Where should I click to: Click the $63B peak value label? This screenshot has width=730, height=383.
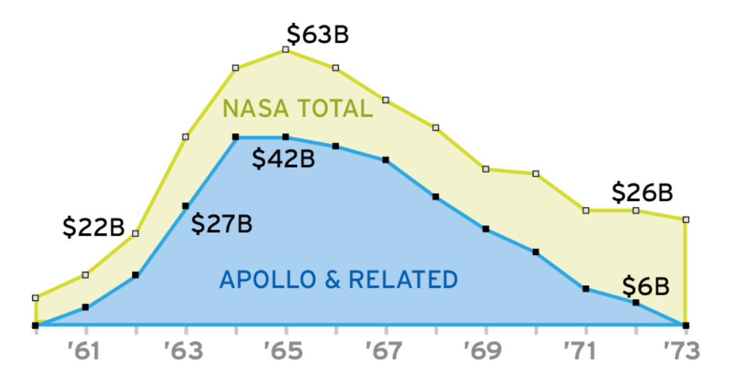(x=318, y=35)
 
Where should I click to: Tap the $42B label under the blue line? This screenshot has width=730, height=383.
(x=283, y=159)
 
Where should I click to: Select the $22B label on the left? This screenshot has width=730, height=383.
(x=94, y=227)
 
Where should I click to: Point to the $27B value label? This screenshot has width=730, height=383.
(x=221, y=224)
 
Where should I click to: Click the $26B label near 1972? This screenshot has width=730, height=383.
(x=642, y=193)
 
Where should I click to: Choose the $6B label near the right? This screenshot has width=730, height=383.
(x=646, y=285)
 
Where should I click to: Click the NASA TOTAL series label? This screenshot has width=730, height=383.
(x=297, y=109)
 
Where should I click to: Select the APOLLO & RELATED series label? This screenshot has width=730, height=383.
(x=338, y=280)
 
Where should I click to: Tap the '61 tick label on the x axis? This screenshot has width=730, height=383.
(x=86, y=351)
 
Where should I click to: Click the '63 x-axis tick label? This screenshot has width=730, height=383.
(x=186, y=351)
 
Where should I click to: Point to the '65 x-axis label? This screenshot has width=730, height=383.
(x=285, y=351)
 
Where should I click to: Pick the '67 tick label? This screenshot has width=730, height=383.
(x=386, y=351)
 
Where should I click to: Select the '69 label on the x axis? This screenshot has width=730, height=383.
(x=485, y=351)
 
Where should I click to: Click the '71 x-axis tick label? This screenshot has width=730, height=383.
(x=585, y=351)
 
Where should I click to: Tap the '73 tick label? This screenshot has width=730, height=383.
(x=684, y=351)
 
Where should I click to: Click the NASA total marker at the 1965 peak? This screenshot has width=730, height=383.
(x=285, y=49)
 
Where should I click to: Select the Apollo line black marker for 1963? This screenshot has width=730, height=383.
(x=186, y=206)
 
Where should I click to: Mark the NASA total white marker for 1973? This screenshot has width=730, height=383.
(x=686, y=219)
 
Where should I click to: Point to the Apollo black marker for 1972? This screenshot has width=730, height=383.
(x=636, y=302)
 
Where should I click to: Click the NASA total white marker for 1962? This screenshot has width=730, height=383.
(x=136, y=233)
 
